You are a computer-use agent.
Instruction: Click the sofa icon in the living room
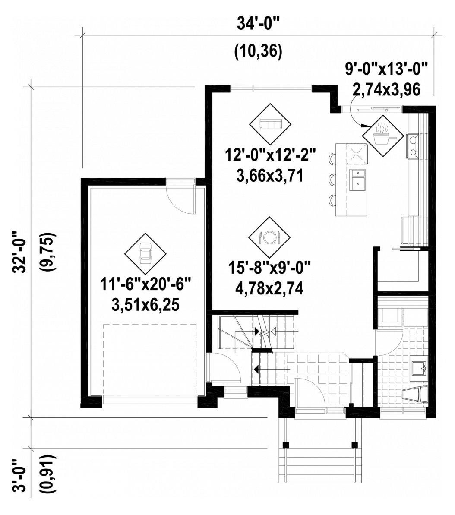tap(270, 124)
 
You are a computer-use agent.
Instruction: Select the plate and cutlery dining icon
tap(269, 237)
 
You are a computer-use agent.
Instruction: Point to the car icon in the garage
tap(145, 254)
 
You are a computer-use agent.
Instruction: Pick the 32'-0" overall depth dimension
tap(19, 252)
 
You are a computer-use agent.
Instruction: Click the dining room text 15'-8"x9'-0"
tap(269, 268)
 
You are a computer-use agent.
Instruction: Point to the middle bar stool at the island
tap(332, 179)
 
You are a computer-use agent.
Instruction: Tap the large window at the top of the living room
tap(271, 88)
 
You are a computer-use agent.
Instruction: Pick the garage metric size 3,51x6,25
tap(145, 306)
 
